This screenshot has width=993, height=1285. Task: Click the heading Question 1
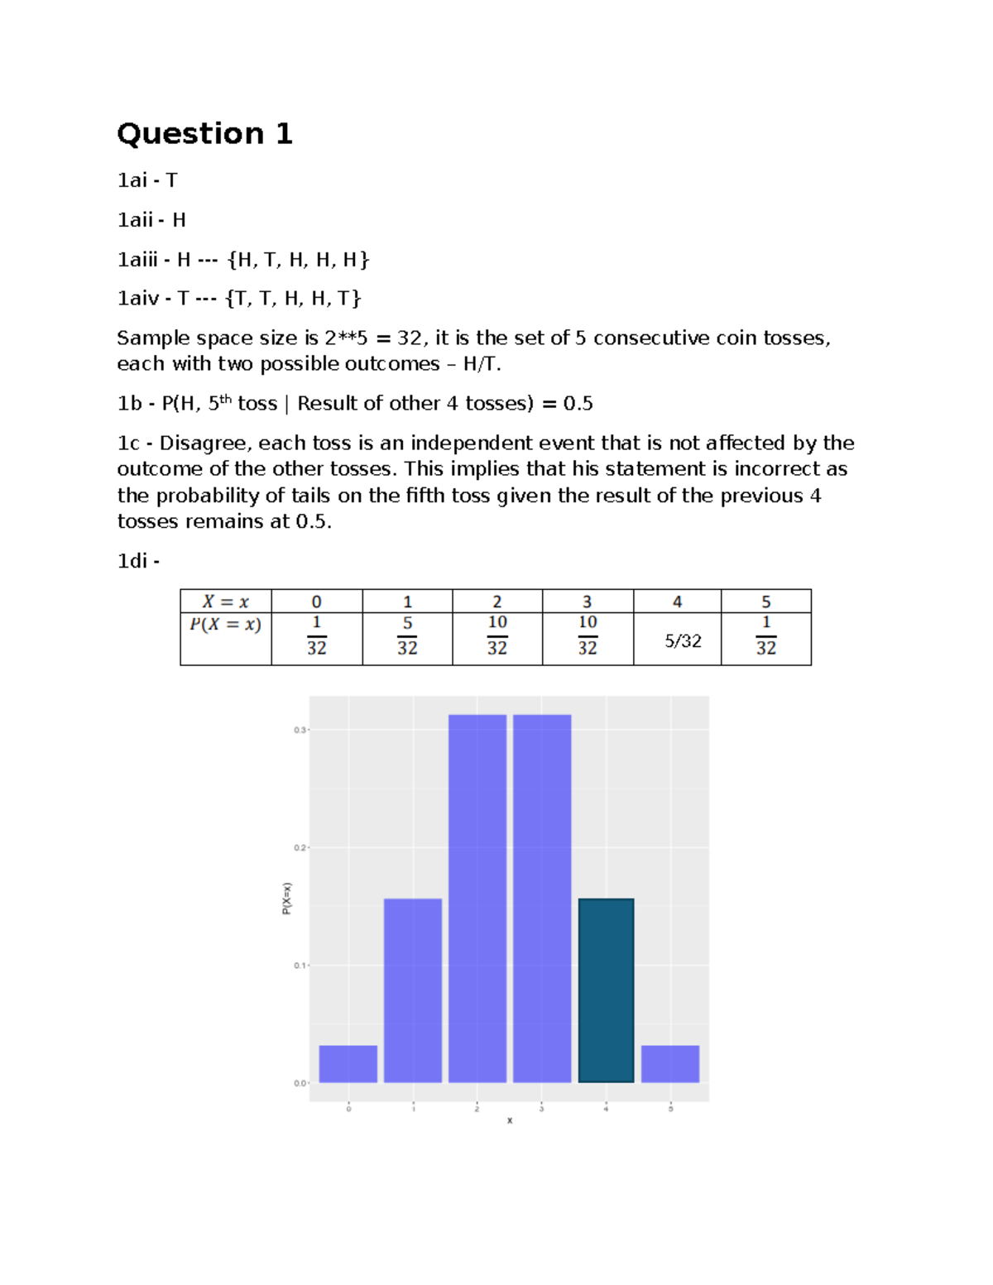click(x=204, y=133)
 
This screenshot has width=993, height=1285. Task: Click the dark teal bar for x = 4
click(x=606, y=990)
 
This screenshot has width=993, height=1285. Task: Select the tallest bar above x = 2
click(x=477, y=898)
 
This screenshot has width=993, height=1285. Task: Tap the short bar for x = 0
click(x=348, y=1063)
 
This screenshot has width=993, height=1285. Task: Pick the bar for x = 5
click(x=670, y=1063)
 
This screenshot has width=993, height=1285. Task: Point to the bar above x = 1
click(x=413, y=990)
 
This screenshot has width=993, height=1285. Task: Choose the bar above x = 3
click(x=542, y=898)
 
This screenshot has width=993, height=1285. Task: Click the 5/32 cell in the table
click(x=683, y=640)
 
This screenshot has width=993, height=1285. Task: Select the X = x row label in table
click(x=225, y=602)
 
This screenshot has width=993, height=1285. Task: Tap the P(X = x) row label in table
click(x=225, y=625)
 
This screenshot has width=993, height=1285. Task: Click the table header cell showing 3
click(x=588, y=602)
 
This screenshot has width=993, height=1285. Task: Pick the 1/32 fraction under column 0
click(x=317, y=635)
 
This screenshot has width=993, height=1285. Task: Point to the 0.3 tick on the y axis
click(x=300, y=730)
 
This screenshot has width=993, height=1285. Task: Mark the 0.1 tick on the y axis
click(x=300, y=965)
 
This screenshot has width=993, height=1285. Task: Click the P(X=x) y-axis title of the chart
click(x=286, y=898)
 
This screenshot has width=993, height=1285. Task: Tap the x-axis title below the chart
click(x=510, y=1120)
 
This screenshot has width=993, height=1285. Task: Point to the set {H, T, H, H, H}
click(x=298, y=260)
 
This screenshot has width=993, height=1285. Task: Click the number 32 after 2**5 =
click(x=410, y=338)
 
